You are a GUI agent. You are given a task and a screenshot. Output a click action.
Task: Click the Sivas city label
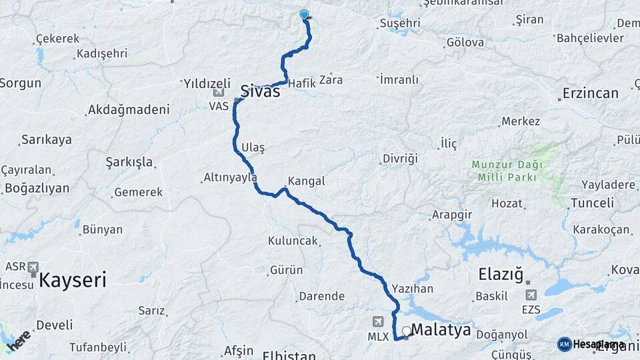point(260,91)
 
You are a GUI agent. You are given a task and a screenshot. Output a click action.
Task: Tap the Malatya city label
point(441,329)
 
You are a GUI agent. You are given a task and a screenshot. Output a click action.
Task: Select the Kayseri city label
point(73,279)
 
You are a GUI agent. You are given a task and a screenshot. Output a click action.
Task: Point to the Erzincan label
point(591,93)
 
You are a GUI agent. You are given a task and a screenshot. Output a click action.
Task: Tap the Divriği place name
point(399,159)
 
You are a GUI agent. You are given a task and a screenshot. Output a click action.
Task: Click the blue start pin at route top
point(305,15)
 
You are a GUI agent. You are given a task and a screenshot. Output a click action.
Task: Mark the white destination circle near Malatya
point(406,330)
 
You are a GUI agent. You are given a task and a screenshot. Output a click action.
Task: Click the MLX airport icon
point(379,322)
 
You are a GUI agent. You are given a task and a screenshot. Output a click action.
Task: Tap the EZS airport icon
point(531,295)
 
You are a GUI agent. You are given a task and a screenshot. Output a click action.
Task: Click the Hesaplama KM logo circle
point(564,343)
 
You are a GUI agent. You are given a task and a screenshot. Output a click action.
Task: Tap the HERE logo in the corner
point(18,341)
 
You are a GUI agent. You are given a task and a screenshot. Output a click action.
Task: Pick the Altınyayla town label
point(230,178)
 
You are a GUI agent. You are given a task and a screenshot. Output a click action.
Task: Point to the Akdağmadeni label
point(129,109)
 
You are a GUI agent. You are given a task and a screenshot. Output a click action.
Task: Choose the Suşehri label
point(399,23)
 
